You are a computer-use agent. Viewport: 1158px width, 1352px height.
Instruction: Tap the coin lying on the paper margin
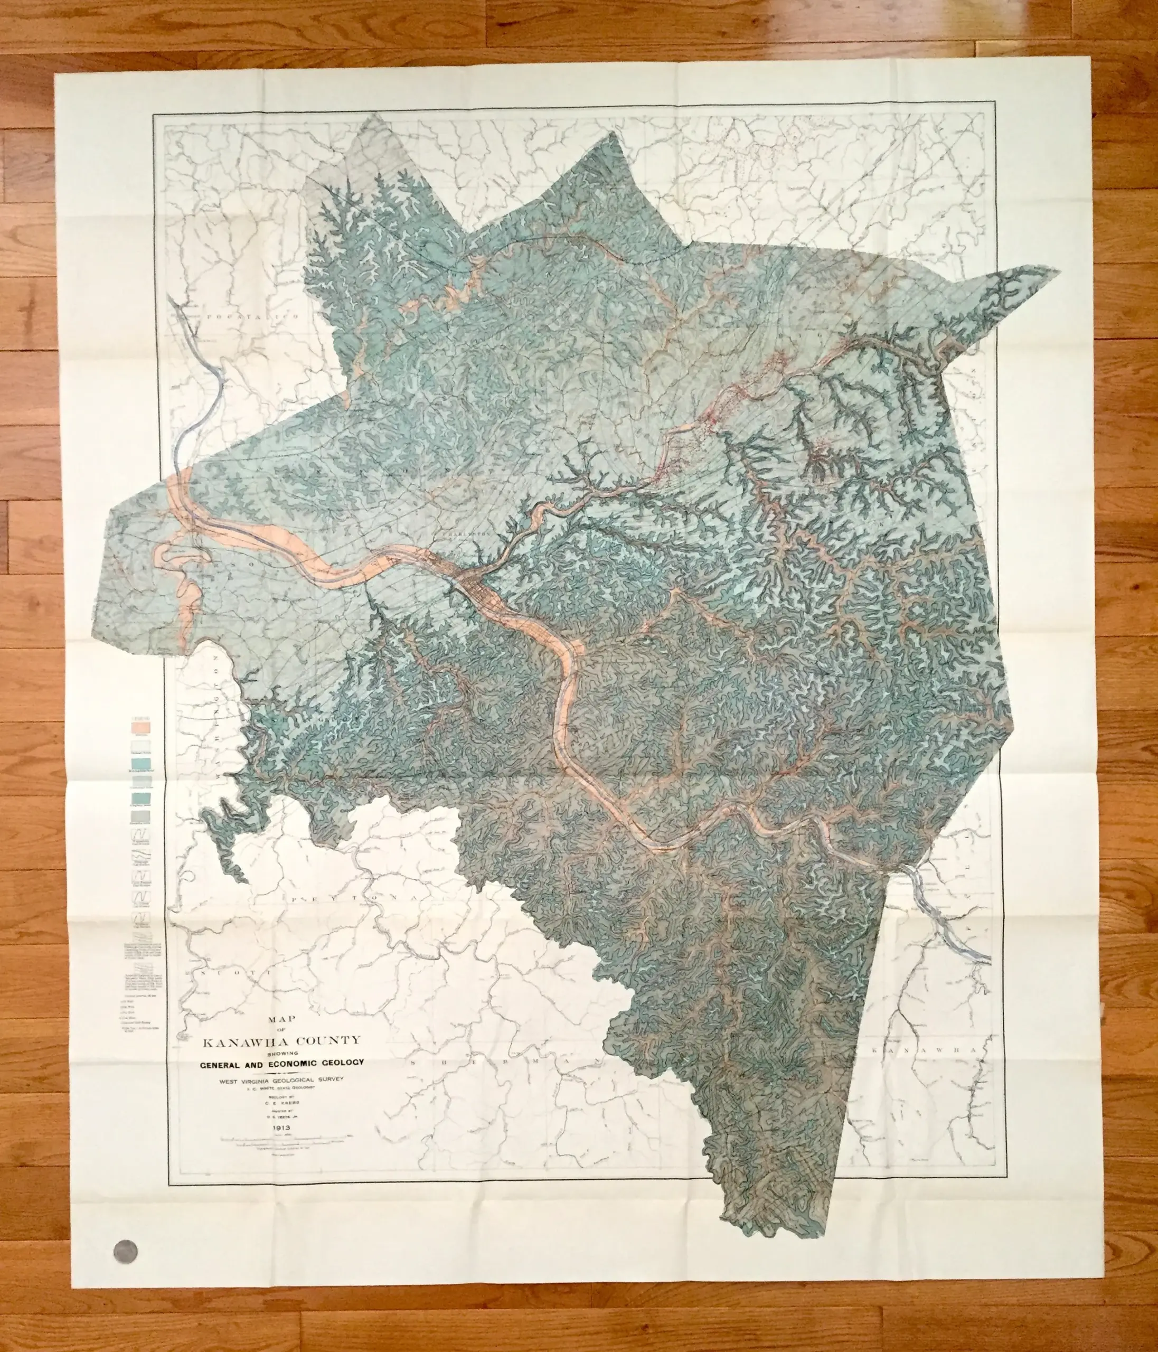tap(126, 1253)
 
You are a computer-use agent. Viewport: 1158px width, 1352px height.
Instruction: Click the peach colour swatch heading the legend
tap(142, 725)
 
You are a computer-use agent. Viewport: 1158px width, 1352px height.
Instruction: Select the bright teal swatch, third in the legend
tap(142, 764)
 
